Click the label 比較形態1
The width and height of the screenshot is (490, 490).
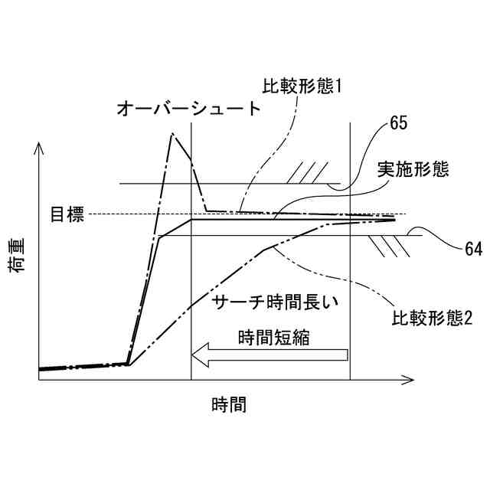(301, 87)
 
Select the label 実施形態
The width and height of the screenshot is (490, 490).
(413, 169)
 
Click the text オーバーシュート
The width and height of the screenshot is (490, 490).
(189, 108)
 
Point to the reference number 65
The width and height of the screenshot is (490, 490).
(399, 122)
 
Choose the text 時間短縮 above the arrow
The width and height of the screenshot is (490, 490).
(273, 336)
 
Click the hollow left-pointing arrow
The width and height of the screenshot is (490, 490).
(269, 354)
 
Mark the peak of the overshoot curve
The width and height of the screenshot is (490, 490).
(173, 134)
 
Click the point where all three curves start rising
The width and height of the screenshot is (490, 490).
(128, 364)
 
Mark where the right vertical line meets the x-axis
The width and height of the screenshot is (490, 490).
(350, 380)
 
